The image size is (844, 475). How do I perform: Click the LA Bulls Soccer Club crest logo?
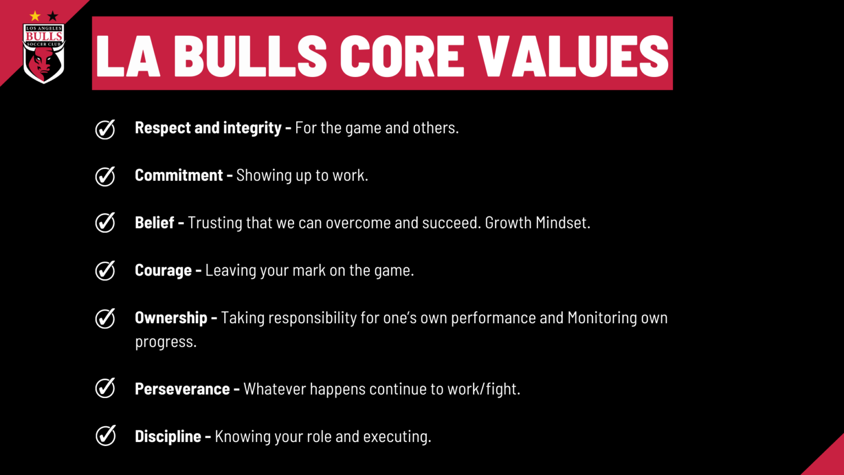44,54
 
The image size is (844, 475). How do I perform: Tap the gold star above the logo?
35,16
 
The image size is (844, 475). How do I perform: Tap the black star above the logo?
53,16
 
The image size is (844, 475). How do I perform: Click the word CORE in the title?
402,56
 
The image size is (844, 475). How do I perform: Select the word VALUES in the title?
573,56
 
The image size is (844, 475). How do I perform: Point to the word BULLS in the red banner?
250,56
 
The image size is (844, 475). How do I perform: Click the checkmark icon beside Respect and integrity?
105,129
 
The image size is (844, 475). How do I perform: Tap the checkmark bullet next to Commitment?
105,176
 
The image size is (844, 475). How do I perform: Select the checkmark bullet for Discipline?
105,435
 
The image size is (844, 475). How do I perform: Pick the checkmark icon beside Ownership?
105,318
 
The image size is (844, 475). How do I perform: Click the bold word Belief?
154,223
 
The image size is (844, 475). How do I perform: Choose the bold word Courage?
163,270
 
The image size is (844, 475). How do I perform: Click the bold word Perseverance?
182,389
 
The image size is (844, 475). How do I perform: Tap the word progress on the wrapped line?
165,342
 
